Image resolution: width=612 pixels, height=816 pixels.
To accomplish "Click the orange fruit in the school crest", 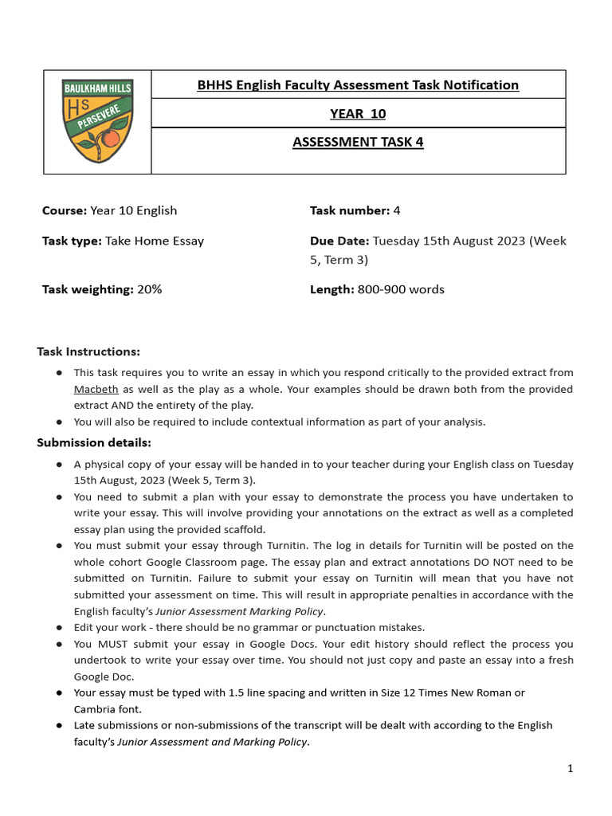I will point(111,138).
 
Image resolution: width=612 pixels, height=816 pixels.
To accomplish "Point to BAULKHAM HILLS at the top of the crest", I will point(97,86).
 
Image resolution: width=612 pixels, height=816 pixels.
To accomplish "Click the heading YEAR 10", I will point(358,114).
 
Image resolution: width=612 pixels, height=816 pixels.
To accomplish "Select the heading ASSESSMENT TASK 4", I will point(358,143).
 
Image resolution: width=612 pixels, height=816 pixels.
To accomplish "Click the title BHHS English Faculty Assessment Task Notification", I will point(358,85).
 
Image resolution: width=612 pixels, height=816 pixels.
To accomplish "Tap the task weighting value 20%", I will point(149,289).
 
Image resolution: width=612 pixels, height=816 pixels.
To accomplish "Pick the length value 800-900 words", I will point(399,289).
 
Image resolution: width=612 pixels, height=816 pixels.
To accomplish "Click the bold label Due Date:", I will point(339,241).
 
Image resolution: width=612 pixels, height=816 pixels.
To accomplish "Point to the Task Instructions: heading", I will point(88,351).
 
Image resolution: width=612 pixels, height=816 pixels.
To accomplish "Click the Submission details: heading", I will point(94,442).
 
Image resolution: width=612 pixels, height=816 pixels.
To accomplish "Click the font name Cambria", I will point(96,709).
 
